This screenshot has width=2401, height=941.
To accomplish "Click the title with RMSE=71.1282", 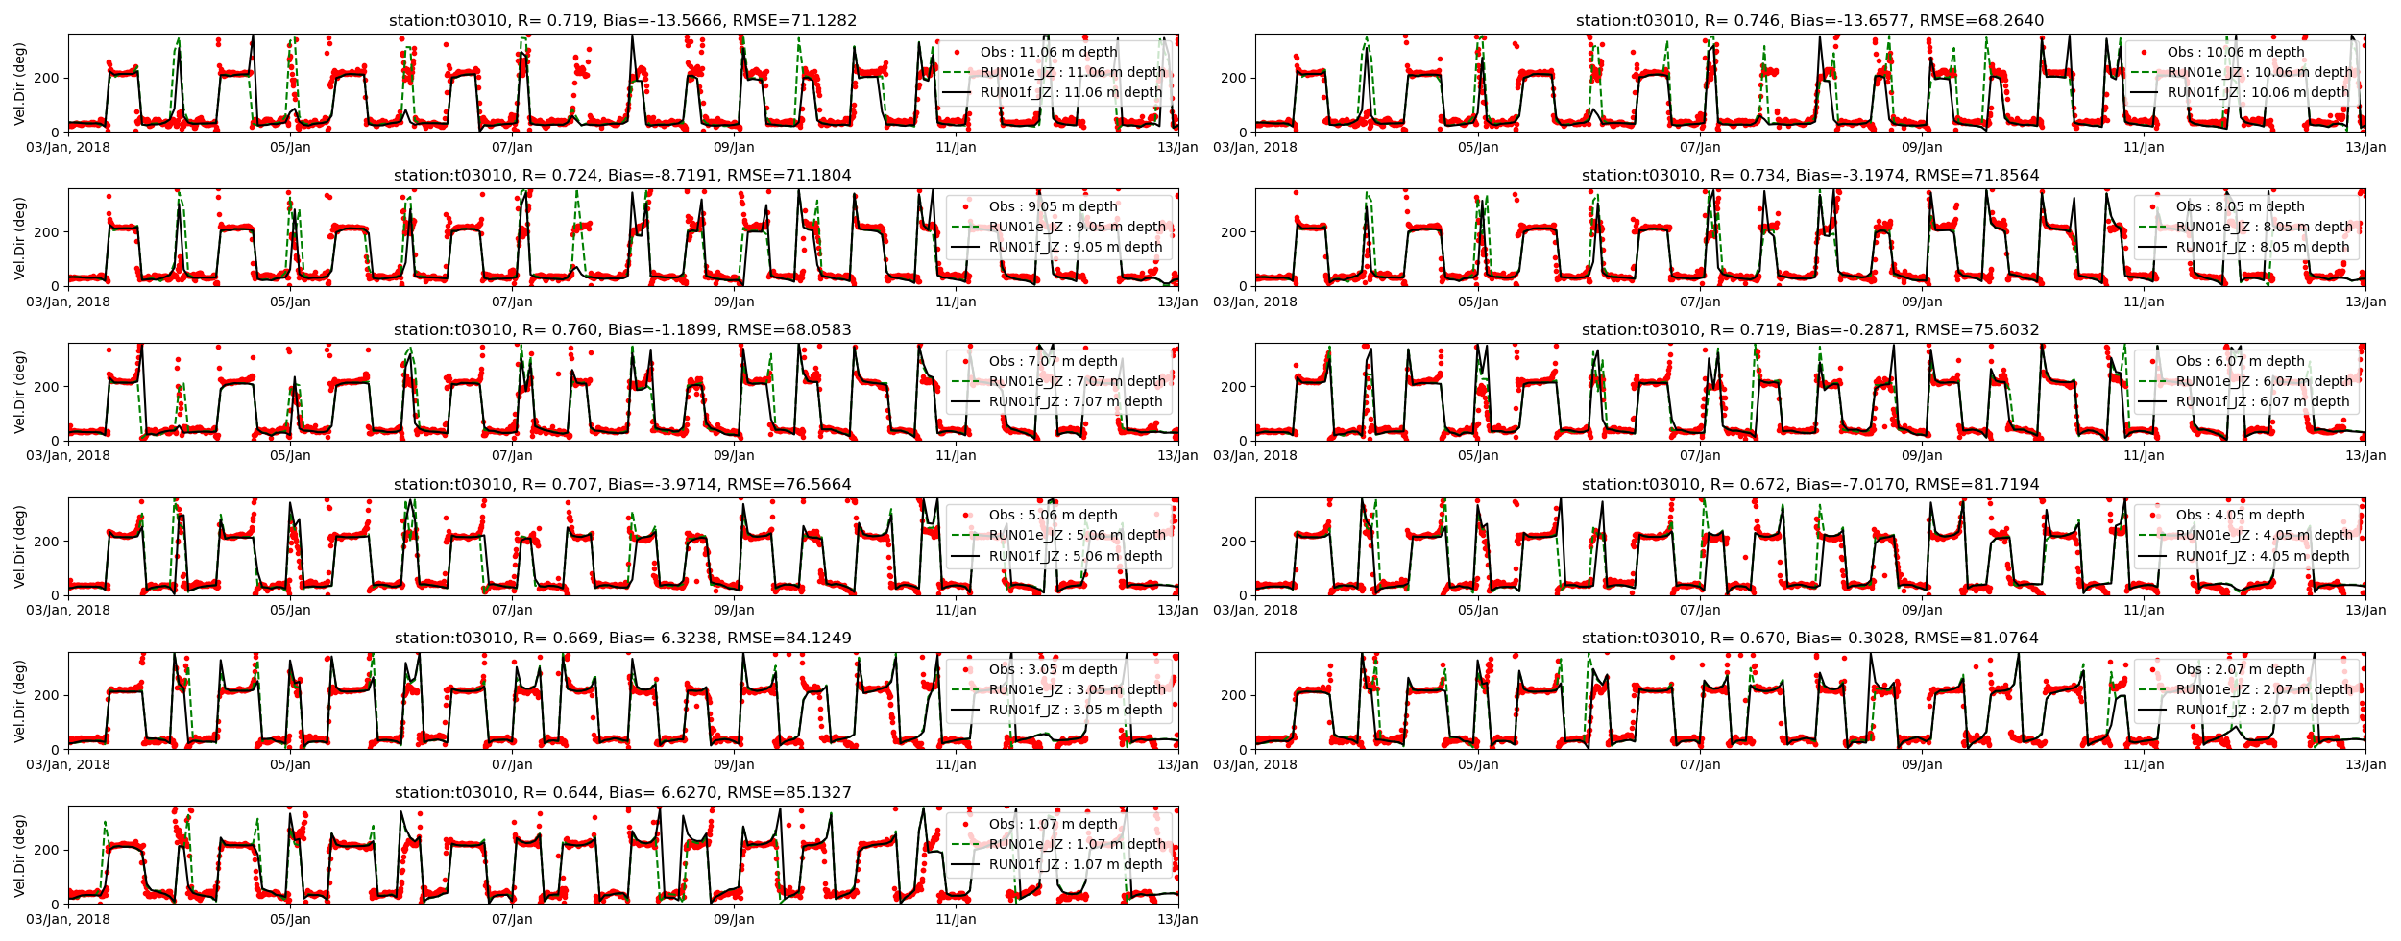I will pyautogui.click(x=622, y=21).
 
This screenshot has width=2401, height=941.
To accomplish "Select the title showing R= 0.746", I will pyautogui.click(x=1810, y=21).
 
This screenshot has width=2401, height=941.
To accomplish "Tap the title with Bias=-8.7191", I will pyautogui.click(x=622, y=176).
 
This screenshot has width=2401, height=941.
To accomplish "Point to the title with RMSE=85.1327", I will pyautogui.click(x=622, y=793).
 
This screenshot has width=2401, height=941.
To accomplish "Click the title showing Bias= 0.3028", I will pyautogui.click(x=1810, y=639).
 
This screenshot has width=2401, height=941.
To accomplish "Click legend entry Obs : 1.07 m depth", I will pyautogui.click(x=1053, y=825).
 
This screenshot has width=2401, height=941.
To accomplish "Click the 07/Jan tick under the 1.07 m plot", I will pyautogui.click(x=512, y=920).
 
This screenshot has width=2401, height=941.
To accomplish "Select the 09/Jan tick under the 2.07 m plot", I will pyautogui.click(x=1922, y=765).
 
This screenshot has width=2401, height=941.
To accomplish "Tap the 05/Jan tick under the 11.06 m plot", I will pyautogui.click(x=290, y=148).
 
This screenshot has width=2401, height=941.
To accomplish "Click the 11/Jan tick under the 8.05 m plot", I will pyautogui.click(x=2144, y=302).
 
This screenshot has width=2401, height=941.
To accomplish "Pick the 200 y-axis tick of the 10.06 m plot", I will pyautogui.click(x=1233, y=78).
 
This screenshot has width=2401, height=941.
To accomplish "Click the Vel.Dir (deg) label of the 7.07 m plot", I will pyautogui.click(x=19, y=392).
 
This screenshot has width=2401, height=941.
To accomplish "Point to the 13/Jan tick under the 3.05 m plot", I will pyautogui.click(x=1177, y=765).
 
